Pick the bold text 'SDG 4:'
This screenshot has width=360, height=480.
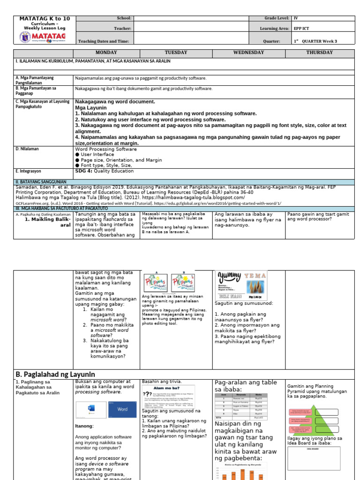[x=84, y=171]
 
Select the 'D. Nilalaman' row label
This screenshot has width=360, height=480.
[x=27, y=149]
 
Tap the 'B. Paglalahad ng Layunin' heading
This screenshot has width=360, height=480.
[x=55, y=374]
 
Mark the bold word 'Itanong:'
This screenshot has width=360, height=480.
[x=85, y=426]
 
